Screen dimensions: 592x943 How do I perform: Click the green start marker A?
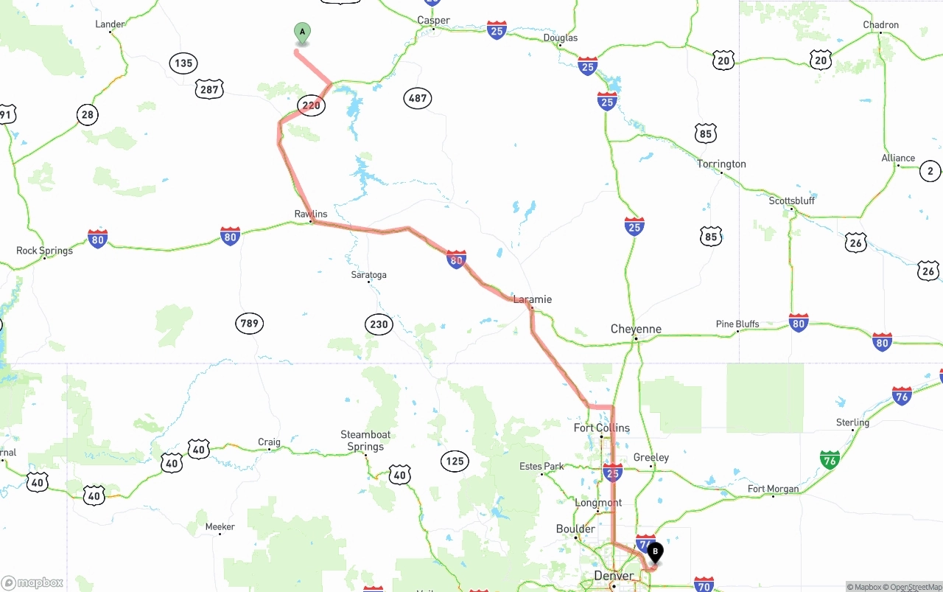(302, 33)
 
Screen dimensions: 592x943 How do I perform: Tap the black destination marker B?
(654, 552)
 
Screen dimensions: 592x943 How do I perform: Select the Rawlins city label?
(311, 215)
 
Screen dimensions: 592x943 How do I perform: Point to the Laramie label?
(532, 299)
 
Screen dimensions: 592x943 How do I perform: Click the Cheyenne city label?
(636, 329)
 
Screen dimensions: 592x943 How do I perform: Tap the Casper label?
(433, 21)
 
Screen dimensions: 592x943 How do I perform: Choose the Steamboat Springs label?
(365, 441)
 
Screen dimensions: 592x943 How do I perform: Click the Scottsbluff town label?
(792, 201)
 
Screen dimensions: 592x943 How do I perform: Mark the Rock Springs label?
(45, 251)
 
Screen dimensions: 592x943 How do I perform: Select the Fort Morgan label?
(773, 489)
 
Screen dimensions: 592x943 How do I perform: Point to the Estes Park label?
(541, 467)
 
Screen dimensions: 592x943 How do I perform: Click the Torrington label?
(721, 164)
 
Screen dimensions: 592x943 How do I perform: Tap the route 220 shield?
(312, 105)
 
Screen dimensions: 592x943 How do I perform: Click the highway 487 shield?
(418, 98)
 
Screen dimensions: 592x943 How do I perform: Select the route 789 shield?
(250, 323)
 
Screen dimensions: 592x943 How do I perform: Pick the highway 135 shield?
(183, 63)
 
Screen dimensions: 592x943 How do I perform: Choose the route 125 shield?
(455, 462)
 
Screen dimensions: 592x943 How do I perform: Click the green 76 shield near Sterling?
(830, 462)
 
